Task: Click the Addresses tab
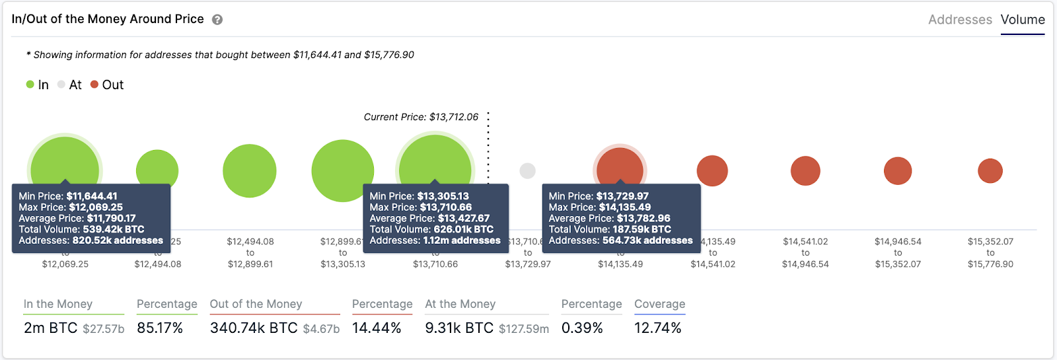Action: (959, 20)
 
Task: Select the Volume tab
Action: (1022, 20)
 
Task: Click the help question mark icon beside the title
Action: (217, 20)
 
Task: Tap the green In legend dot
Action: (30, 85)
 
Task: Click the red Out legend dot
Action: (94, 85)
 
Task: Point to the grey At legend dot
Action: (61, 85)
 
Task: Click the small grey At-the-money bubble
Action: (527, 170)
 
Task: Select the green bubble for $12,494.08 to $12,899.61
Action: (250, 171)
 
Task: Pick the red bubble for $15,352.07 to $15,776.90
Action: (990, 171)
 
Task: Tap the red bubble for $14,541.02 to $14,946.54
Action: (805, 171)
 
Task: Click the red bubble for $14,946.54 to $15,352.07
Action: (898, 171)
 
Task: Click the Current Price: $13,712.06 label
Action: (421, 117)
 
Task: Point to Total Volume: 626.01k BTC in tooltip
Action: (431, 229)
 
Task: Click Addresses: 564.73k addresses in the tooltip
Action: (620, 240)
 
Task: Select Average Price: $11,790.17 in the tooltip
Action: (77, 218)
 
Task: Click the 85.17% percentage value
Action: (160, 328)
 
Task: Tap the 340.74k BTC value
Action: (254, 328)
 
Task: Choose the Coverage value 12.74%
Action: (657, 328)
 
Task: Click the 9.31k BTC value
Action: (459, 328)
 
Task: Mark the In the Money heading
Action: (58, 304)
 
